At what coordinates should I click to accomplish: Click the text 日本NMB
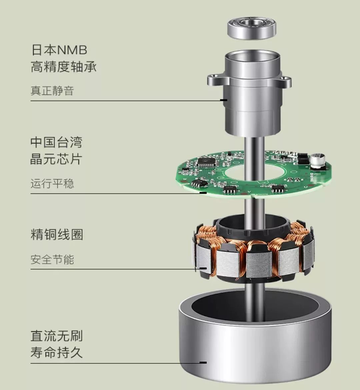click(59, 50)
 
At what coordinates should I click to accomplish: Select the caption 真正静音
click(52, 90)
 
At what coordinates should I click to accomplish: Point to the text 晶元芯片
click(56, 159)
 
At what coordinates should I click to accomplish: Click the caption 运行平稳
click(52, 183)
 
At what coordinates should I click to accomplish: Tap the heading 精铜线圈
click(57, 235)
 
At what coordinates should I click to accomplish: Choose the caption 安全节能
click(52, 260)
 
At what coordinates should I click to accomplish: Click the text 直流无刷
click(57, 336)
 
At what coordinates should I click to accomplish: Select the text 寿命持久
click(56, 352)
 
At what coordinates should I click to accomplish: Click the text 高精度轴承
click(64, 67)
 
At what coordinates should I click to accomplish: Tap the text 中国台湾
click(56, 142)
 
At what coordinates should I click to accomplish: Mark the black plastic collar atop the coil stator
click(253, 225)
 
